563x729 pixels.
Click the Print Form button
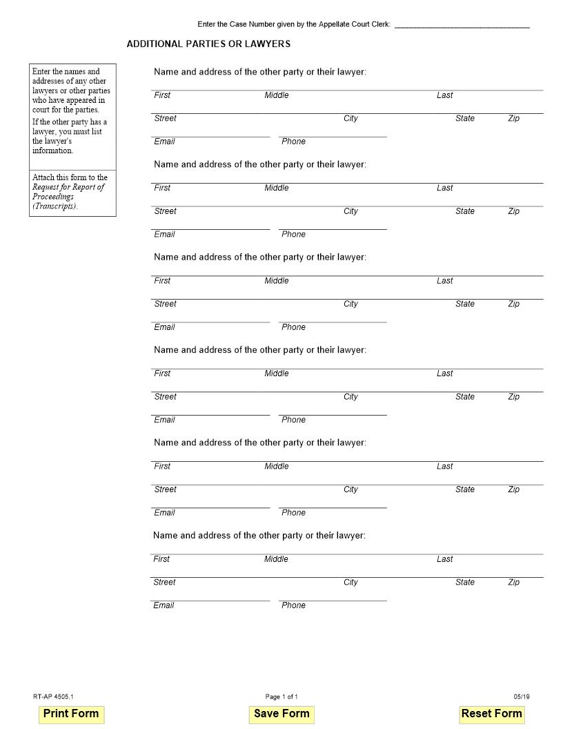tap(71, 714)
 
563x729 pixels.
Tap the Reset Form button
tap(491, 714)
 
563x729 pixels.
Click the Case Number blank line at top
tap(462, 25)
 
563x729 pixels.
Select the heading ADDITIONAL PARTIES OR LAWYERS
tap(208, 44)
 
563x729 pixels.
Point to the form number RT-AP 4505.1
tap(53, 697)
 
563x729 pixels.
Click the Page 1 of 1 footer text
tap(281, 697)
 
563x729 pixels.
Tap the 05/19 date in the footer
tap(522, 697)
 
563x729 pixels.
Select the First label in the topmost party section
tap(162, 95)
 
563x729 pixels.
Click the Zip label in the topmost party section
tap(513, 119)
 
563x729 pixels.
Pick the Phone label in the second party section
tap(293, 235)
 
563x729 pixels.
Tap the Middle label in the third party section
tap(277, 281)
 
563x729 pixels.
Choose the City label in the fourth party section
tap(350, 397)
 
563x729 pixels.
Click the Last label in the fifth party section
tap(444, 467)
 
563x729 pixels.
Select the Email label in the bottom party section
tap(164, 605)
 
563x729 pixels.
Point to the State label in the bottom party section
tap(464, 583)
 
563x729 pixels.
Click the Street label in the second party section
tap(165, 211)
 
